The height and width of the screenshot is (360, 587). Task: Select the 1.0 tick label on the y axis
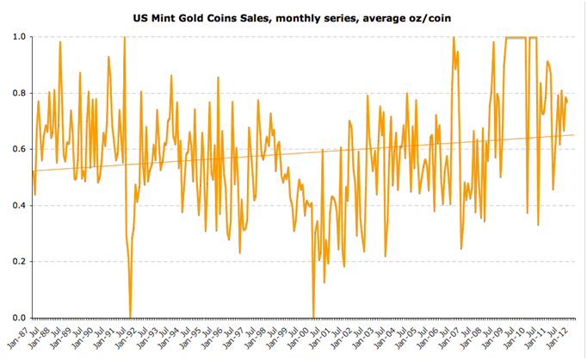point(17,37)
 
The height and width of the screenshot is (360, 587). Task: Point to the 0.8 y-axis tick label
point(17,93)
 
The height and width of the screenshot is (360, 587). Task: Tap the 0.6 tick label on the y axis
point(17,149)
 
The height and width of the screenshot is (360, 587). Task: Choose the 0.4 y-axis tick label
point(17,205)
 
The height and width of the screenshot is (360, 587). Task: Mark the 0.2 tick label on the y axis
point(17,261)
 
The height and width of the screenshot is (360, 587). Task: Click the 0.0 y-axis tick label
point(17,317)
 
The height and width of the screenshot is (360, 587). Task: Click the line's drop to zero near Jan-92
point(130,316)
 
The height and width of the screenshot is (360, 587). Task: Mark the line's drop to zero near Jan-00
point(313,316)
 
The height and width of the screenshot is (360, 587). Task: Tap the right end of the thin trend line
point(574,134)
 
